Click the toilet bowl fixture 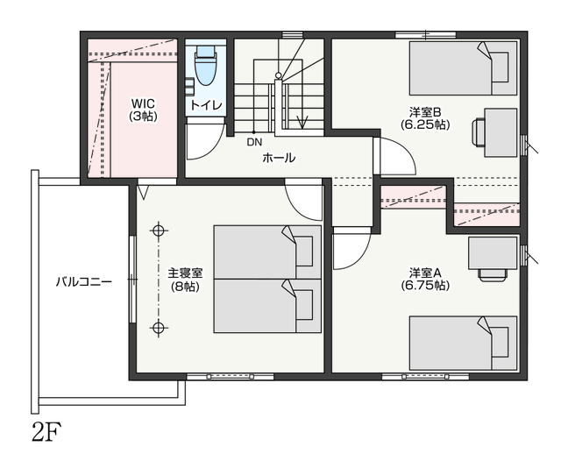coord(205,67)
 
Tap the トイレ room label coord(206,105)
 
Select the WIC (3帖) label coord(143,110)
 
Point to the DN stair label coord(254,142)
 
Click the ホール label coord(279,158)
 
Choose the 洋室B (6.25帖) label coord(425,118)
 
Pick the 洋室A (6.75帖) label coord(425,279)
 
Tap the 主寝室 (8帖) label coord(185,280)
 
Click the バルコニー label coord(84,282)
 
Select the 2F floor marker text coord(46,432)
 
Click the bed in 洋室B coord(463,68)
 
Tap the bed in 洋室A coord(463,344)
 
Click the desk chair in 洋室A coord(493,274)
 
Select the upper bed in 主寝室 coord(267,252)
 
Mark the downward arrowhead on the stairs coord(302,123)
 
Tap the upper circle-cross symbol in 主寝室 coord(158,230)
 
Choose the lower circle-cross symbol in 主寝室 coord(158,328)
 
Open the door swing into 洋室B coord(398,156)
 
